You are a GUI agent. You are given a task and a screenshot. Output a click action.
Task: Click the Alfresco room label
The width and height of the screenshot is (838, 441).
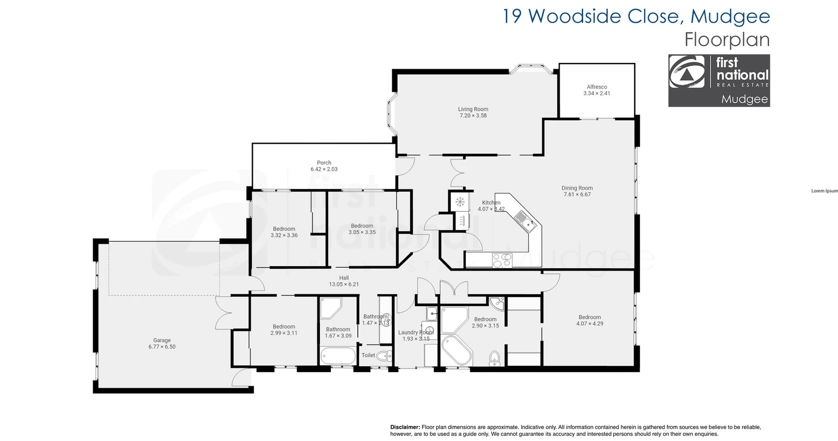[597, 87]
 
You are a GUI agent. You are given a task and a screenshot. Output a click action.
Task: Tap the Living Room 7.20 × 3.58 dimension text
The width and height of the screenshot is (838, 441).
[473, 116]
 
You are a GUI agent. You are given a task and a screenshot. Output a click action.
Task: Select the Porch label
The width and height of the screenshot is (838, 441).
[324, 163]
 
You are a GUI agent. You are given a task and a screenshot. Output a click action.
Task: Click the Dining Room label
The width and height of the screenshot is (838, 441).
[577, 188]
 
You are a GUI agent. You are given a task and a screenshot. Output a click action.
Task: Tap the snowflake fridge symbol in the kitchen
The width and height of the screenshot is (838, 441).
[460, 202]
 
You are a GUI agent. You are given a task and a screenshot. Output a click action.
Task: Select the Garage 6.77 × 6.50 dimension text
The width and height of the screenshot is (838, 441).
[162, 347]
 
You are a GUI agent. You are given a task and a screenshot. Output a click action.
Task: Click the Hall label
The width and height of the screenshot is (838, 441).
[344, 278]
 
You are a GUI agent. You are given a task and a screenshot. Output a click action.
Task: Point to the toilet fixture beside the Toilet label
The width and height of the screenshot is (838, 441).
[385, 356]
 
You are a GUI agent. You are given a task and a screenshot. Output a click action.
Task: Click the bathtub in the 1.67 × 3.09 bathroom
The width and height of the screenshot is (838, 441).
[338, 356]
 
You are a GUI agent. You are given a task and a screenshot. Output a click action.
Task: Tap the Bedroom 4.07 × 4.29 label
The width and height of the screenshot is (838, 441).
[590, 317]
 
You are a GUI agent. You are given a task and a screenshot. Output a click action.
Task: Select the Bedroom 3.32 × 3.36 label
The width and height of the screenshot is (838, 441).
[284, 229]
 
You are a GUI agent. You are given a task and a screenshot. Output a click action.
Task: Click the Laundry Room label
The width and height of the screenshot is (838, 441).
[416, 332]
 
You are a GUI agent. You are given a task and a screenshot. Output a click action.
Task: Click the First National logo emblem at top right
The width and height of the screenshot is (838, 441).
[687, 72]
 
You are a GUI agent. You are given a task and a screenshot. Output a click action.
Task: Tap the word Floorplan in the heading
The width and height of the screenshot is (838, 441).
[727, 40]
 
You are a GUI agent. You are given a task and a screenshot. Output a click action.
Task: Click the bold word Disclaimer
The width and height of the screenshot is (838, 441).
[405, 427]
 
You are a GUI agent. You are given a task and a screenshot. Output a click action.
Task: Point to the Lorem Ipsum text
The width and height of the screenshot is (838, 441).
[824, 191]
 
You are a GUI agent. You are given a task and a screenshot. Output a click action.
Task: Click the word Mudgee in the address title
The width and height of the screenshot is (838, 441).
[730, 17]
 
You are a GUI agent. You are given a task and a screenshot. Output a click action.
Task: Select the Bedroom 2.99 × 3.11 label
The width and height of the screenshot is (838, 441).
[284, 327]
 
